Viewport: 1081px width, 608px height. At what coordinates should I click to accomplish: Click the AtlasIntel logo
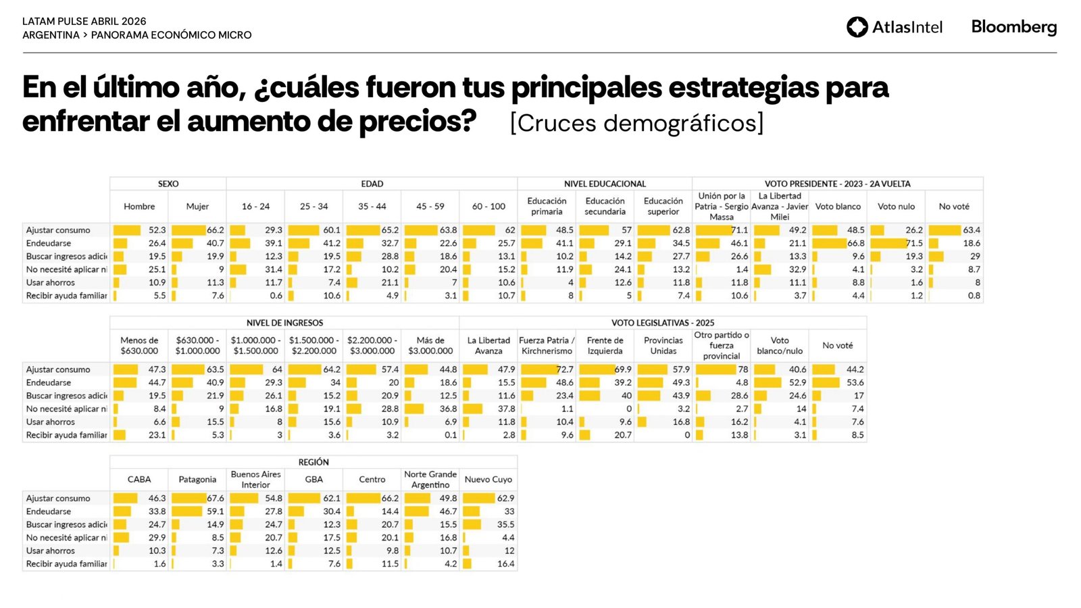(894, 27)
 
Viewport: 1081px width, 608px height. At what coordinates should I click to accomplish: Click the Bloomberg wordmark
(1013, 27)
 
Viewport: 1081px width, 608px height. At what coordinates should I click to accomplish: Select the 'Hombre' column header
(139, 207)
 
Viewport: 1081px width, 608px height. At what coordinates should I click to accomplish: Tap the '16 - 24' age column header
(255, 207)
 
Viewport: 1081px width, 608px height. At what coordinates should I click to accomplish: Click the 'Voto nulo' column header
(896, 207)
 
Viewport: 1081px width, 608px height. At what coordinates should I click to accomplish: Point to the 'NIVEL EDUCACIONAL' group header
(605, 184)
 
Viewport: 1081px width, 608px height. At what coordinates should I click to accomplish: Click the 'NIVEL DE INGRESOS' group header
(284, 323)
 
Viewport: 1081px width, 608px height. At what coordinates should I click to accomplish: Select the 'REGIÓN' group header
(313, 462)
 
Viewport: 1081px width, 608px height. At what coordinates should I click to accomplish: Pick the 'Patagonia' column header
(197, 480)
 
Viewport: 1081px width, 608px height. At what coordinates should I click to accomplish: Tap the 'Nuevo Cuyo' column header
(488, 480)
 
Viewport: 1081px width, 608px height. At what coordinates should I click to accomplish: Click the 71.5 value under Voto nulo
(913, 243)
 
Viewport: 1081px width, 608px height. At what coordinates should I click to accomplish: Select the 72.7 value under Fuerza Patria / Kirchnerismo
(564, 370)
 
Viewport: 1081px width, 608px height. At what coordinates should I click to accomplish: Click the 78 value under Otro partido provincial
(743, 370)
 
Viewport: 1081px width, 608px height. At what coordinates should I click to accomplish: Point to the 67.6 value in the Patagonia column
(215, 499)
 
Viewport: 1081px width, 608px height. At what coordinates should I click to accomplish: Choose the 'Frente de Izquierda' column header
(605, 346)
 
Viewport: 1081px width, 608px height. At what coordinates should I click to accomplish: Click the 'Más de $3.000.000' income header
(430, 346)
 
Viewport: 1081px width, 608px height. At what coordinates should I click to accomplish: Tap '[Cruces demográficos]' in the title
(636, 124)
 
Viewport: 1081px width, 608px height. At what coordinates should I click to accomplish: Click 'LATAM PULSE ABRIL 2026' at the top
(84, 22)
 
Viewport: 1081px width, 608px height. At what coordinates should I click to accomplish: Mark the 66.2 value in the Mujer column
(215, 230)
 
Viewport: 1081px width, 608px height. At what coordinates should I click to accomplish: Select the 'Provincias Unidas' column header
(663, 346)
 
